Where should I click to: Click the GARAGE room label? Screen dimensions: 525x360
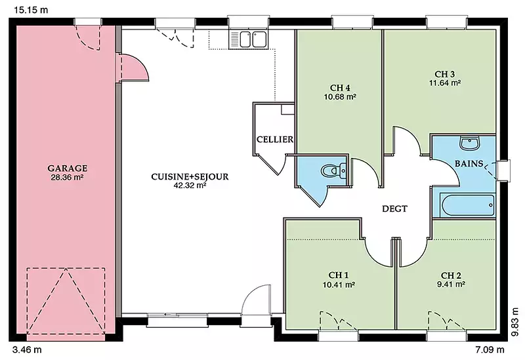pyautogui.click(x=68, y=169)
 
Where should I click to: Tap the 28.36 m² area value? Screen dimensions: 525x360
pyautogui.click(x=67, y=177)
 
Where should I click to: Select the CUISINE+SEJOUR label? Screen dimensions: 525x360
pyautogui.click(x=190, y=176)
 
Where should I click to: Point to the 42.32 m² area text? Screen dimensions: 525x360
pyautogui.click(x=190, y=186)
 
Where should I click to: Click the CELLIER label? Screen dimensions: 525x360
pyautogui.click(x=275, y=140)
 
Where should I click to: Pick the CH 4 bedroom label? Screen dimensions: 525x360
pyautogui.click(x=340, y=88)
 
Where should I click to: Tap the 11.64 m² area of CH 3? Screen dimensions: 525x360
pyautogui.click(x=445, y=83)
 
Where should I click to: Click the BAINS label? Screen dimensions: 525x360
pyautogui.click(x=469, y=163)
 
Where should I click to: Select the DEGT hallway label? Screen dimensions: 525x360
pyautogui.click(x=395, y=209)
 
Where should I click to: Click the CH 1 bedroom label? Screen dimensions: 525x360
pyautogui.click(x=339, y=275)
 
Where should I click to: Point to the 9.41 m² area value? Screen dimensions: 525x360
pyautogui.click(x=451, y=285)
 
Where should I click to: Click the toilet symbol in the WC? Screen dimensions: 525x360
pyautogui.click(x=333, y=170)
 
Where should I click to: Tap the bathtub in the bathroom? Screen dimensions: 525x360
pyautogui.click(x=467, y=205)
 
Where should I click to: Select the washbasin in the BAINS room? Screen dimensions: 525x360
pyautogui.click(x=471, y=143)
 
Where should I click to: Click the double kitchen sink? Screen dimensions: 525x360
pyautogui.click(x=249, y=40)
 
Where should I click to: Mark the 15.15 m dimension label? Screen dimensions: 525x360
pyautogui.click(x=31, y=10)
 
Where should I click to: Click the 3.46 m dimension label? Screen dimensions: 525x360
pyautogui.click(x=27, y=350)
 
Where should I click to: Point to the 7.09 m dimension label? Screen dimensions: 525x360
pyautogui.click(x=490, y=350)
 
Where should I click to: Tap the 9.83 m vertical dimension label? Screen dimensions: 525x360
pyautogui.click(x=516, y=322)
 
